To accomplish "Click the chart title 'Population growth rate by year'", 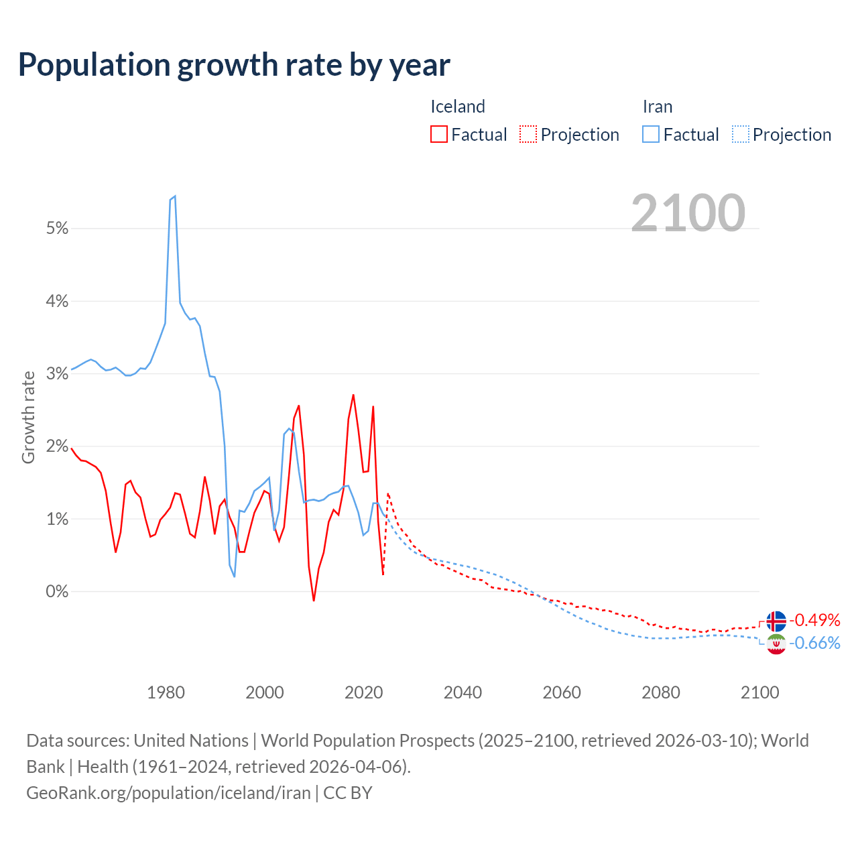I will click(x=234, y=65).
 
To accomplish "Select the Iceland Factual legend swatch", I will click(x=439, y=135).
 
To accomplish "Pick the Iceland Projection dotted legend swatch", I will click(x=528, y=135).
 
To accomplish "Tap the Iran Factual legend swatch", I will click(x=651, y=135).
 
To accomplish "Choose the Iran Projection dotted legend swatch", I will click(x=740, y=135).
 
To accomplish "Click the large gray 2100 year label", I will click(x=688, y=213).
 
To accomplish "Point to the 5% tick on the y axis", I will click(x=58, y=229).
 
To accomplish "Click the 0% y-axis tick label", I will click(x=58, y=592).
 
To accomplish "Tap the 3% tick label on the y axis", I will click(x=58, y=374).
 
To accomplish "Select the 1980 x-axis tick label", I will click(x=166, y=692).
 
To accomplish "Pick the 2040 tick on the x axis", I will click(x=463, y=692).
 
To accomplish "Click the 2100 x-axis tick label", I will click(x=759, y=692).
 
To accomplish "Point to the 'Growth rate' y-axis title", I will click(x=28, y=417).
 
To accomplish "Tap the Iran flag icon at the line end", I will click(x=776, y=644).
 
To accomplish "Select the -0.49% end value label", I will click(x=815, y=620).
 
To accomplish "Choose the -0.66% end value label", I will click(x=815, y=643).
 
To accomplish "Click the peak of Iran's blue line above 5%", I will click(x=174, y=196).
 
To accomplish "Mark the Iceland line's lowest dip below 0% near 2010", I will click(x=314, y=600).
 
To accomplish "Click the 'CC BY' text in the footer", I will click(x=347, y=793).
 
